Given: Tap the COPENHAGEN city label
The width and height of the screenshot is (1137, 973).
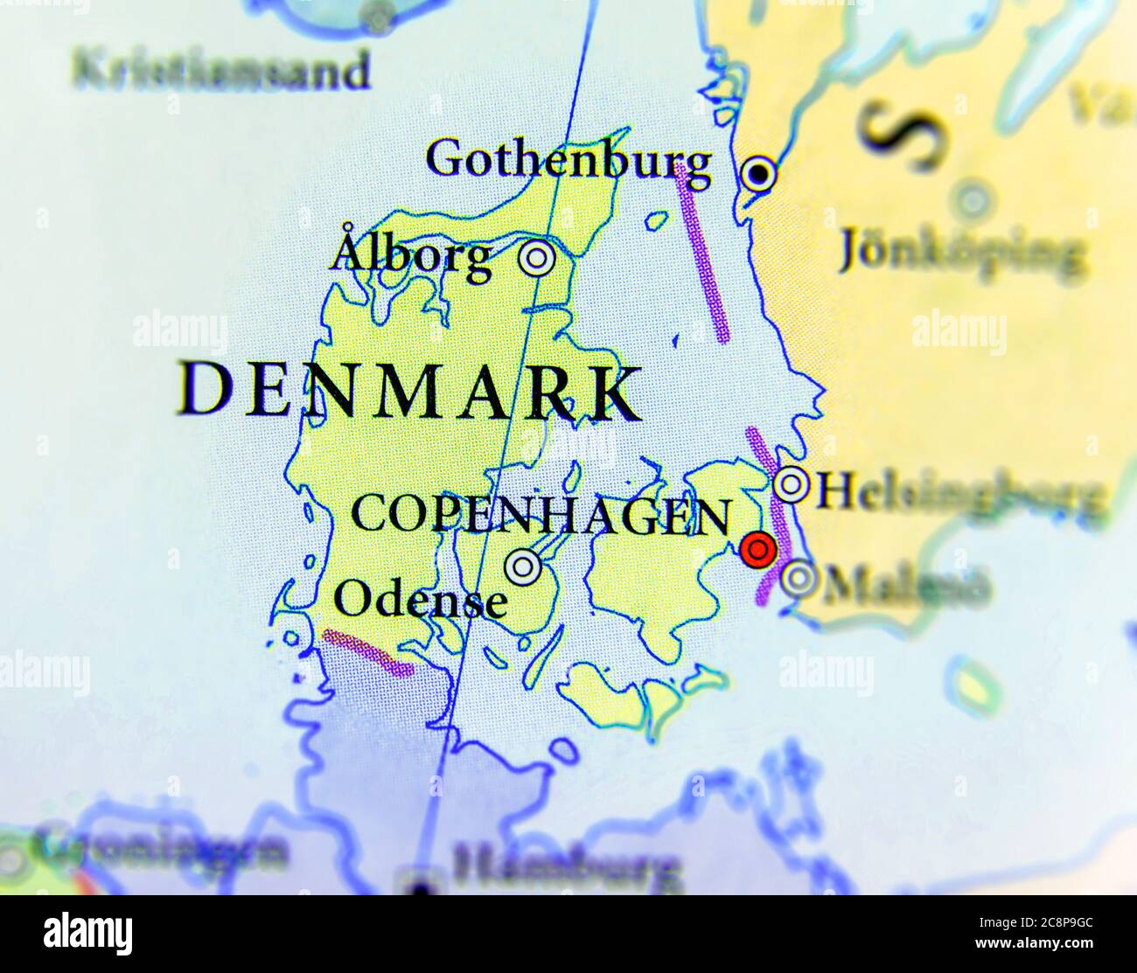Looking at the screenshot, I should pyautogui.click(x=540, y=515).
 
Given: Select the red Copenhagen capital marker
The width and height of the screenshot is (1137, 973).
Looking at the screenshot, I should pyautogui.click(x=757, y=550).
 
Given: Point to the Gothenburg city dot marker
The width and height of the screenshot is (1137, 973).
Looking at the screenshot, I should pyautogui.click(x=759, y=175).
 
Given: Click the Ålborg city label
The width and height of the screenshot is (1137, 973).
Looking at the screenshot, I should pyautogui.click(x=411, y=254).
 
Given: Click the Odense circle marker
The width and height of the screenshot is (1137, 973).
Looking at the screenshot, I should pyautogui.click(x=523, y=568).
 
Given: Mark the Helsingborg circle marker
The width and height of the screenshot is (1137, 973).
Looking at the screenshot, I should pyautogui.click(x=792, y=484).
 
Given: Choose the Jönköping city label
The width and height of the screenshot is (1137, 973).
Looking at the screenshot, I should pyautogui.click(x=960, y=253).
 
